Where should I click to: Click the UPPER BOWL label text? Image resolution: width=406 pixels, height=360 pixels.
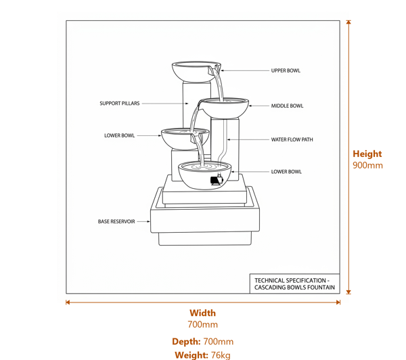coord(286,70)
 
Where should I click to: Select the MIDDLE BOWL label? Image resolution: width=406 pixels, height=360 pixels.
coord(287,106)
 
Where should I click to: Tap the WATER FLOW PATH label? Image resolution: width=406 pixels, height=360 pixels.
coord(292,139)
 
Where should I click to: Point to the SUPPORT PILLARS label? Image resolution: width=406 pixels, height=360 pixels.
coord(120,104)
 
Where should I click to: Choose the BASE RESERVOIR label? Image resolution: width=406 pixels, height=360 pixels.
coord(116,221)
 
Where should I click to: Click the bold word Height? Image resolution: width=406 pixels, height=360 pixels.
coord(367,154)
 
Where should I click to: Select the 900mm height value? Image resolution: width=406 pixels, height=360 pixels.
coord(367,165)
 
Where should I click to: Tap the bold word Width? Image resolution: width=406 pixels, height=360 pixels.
coord(202,313)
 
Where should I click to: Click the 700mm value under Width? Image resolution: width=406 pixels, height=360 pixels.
coord(202,325)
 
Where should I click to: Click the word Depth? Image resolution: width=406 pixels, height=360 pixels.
coord(186,342)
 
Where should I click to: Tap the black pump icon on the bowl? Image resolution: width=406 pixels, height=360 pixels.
coord(217,180)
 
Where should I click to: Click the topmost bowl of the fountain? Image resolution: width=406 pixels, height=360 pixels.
coord(196,70)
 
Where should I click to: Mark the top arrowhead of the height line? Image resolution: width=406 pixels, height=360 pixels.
coord(348,22)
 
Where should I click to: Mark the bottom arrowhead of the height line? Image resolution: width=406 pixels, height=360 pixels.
coord(348,292)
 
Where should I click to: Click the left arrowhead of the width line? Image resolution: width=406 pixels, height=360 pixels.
coord(68,302)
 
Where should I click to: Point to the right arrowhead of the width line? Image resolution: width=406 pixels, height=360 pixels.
coord(338,302)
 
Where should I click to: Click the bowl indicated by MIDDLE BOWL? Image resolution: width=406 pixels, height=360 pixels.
coord(225,107)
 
